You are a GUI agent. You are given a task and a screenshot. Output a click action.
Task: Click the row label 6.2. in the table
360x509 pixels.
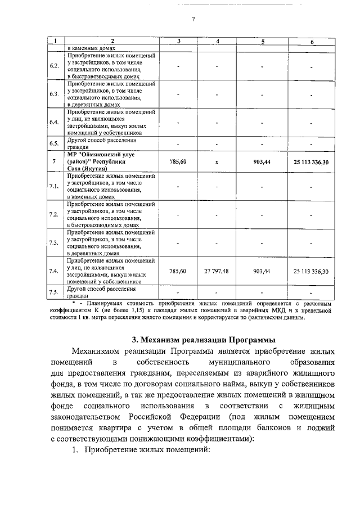tap(55, 66)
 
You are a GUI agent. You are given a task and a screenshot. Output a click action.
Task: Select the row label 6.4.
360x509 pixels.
tap(55, 122)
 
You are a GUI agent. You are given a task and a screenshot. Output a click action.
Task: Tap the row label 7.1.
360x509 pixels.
tap(55, 186)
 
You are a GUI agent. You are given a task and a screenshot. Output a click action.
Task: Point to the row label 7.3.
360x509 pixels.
tap(55, 242)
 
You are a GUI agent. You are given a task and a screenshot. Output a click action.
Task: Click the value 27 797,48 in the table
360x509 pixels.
tap(216, 271)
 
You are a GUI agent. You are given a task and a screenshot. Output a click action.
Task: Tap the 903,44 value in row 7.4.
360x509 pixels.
tap(262, 271)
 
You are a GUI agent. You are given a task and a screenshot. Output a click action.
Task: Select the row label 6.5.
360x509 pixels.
tap(55, 143)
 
